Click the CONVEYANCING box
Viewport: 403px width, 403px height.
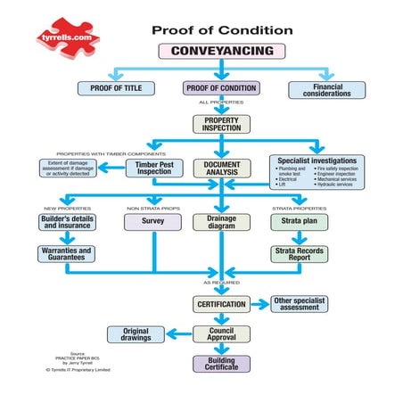[x=221, y=51]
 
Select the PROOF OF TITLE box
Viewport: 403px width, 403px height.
[x=116, y=88]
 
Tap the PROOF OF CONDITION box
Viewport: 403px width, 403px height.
[x=221, y=88]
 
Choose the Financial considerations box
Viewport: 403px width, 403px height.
[x=326, y=89]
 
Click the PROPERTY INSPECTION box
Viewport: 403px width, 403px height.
[x=221, y=124]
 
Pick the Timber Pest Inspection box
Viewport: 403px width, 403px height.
[x=153, y=168]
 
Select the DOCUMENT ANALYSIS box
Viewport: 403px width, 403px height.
[x=222, y=168]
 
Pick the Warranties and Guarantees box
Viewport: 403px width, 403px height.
[x=68, y=254]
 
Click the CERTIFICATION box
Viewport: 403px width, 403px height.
[x=221, y=305]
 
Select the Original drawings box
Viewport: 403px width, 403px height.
[x=136, y=334]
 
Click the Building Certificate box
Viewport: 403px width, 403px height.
[x=221, y=364]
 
